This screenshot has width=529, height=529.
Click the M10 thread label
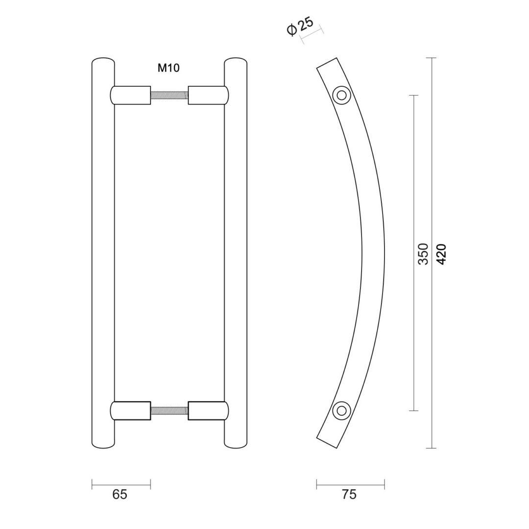(x=168, y=69)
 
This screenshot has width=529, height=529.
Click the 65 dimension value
(x=120, y=495)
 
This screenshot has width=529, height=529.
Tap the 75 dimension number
(x=349, y=495)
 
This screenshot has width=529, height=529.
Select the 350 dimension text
(x=423, y=254)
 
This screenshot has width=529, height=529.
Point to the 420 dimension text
(x=441, y=254)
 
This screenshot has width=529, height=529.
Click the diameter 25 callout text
(x=301, y=25)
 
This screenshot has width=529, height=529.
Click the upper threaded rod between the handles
(x=169, y=96)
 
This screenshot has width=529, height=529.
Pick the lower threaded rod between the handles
(x=169, y=410)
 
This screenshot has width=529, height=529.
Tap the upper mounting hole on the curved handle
(x=342, y=96)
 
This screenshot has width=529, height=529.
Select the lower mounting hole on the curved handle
(x=341, y=410)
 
